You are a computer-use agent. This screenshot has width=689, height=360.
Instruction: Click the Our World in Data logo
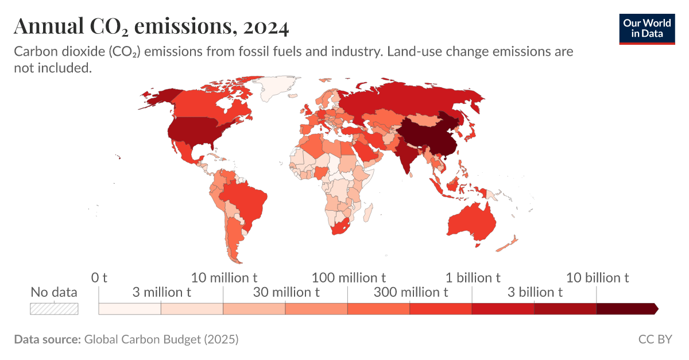coord(647,27)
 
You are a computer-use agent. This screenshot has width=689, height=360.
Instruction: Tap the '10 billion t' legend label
coord(597,278)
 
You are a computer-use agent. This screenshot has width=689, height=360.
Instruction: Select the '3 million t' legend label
coord(161,292)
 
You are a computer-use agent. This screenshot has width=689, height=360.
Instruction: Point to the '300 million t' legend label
coord(411,292)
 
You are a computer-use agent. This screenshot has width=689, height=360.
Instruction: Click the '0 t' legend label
coord(99,278)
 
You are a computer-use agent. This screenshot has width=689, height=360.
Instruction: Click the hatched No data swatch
coord(54,309)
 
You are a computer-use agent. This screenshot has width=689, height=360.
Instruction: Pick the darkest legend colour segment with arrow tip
coord(626,309)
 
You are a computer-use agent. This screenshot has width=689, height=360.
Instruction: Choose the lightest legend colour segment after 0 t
coord(130,309)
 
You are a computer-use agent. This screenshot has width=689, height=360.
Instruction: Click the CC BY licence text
coord(655,339)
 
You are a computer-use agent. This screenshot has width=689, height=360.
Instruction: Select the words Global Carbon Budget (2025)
coord(161,339)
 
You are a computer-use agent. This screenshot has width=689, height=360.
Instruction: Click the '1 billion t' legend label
coord(473,278)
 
